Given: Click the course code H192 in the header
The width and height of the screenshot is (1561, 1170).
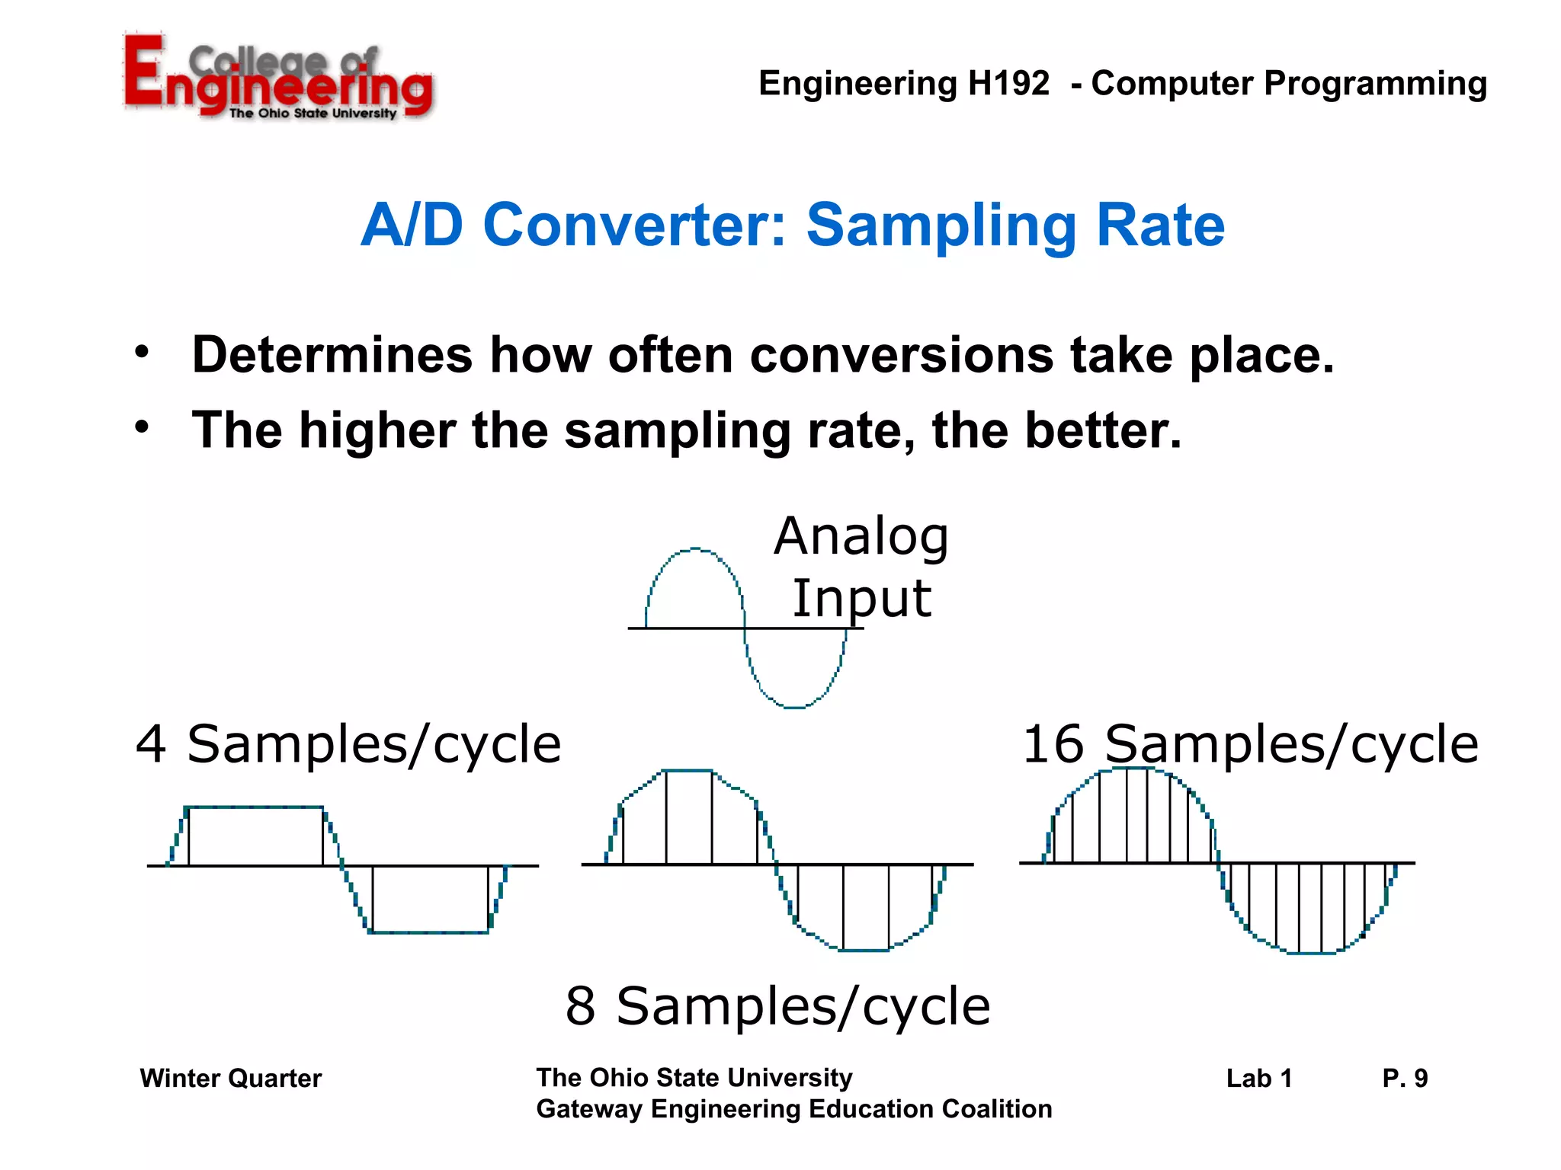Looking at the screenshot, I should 1008,84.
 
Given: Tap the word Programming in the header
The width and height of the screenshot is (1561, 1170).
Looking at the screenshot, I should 1375,84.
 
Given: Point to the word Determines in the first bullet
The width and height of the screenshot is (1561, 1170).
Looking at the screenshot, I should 332,355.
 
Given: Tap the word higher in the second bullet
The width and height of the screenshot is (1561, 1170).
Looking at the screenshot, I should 377,430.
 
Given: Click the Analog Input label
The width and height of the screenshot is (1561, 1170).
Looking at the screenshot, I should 861,567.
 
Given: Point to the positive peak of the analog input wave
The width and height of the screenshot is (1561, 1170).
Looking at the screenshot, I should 694,548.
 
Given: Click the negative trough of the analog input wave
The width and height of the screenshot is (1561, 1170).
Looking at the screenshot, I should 794,707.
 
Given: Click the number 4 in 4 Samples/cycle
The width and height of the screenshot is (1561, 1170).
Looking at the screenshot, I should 151,744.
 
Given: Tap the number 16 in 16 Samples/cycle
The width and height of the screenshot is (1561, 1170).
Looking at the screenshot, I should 1053,744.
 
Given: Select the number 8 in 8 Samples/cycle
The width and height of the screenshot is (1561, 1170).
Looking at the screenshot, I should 580,1006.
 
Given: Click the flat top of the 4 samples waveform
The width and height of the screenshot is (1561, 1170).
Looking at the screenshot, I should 255,807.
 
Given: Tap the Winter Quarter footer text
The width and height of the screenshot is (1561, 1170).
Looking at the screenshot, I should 230,1079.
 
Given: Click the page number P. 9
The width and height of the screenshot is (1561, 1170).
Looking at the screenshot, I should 1404,1079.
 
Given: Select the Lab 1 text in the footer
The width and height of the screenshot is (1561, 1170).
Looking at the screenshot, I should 1258,1079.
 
